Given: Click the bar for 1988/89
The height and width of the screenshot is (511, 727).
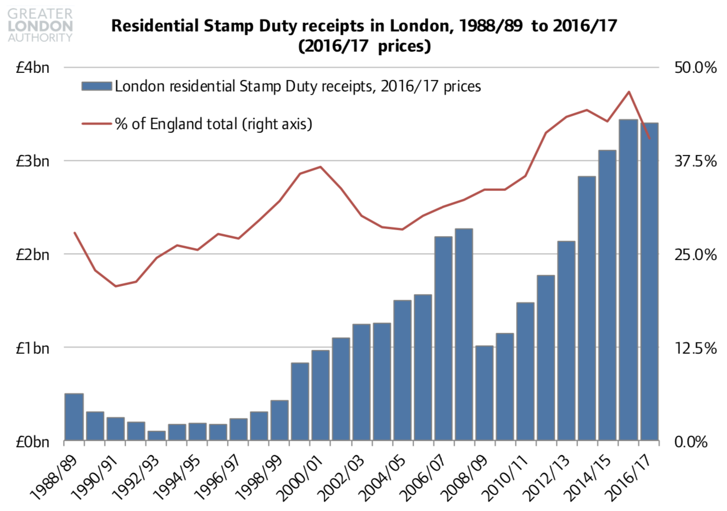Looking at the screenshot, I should point(74,417).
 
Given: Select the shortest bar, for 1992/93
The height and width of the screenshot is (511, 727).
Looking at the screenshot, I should point(156,435).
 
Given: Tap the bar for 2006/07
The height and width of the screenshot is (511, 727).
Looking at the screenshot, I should point(443,339).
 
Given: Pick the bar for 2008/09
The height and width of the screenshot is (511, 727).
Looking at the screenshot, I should point(484,393).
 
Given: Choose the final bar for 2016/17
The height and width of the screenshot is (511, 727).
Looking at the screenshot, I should point(649,282).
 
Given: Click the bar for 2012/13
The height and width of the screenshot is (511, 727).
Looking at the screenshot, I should point(567,341).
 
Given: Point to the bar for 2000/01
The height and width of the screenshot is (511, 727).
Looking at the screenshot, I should point(321,395).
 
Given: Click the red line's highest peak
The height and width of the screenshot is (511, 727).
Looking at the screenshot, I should point(628,92).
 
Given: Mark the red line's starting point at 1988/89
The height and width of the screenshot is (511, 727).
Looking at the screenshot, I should point(75,233).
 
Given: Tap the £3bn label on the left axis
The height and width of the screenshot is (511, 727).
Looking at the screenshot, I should point(33,161).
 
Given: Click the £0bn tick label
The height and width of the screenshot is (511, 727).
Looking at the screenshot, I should point(33,442).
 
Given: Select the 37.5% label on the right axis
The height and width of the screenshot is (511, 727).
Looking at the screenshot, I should point(695,161).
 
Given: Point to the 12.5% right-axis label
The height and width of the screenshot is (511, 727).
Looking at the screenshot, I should point(695,349).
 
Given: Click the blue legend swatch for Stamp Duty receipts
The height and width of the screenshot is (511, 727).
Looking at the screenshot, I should point(97,86).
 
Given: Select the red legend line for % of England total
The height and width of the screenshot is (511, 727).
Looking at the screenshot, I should point(97,124).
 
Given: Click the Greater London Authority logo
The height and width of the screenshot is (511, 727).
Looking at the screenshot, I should point(40,25).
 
